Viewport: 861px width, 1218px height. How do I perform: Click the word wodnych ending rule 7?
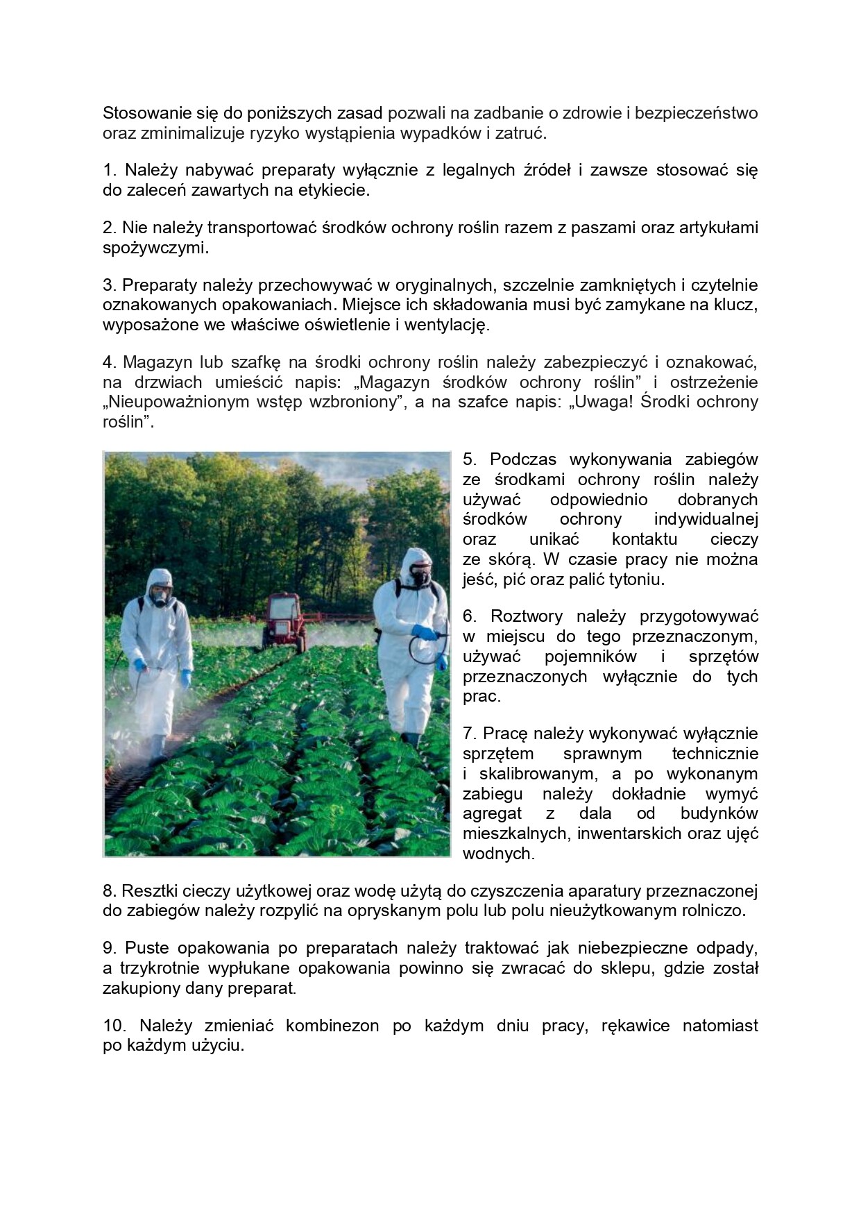(498, 854)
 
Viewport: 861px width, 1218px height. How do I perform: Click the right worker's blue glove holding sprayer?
(424, 632)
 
